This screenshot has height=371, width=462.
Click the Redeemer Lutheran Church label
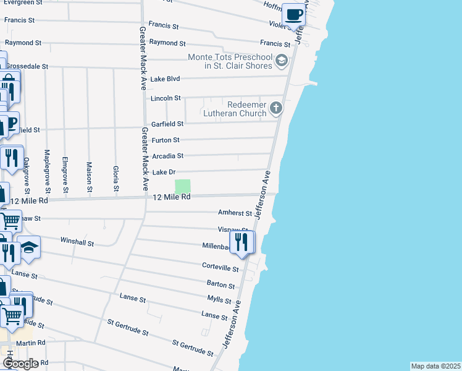pos(237,109)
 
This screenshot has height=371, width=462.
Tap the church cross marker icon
pos(276,109)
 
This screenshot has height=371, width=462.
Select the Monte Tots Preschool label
pos(230,61)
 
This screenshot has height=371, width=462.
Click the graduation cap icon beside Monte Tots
pos(282,61)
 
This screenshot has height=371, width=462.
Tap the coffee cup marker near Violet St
pos(294,15)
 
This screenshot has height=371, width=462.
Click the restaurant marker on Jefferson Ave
pos(241,242)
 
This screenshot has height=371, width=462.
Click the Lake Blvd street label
pos(165,79)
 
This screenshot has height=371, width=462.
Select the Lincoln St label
pos(166,98)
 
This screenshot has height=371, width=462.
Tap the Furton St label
pos(166,140)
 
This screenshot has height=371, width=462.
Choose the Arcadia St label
pos(167,156)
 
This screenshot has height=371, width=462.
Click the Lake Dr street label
pos(164,172)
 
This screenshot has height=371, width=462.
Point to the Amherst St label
pos(235,213)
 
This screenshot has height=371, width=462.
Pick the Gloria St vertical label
pos(115,178)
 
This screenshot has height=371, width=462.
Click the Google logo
pos(20,363)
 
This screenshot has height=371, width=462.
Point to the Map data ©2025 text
pos(435,366)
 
